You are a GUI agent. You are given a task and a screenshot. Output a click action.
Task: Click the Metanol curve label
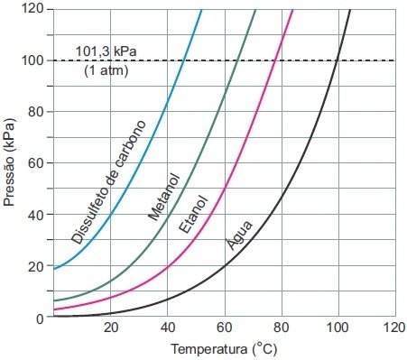[164, 196]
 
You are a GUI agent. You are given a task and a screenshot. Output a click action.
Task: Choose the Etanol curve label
[192, 214]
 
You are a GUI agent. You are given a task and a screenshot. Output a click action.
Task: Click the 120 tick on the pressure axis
[32, 8]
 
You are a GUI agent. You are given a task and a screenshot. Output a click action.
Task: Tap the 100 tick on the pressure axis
[32, 60]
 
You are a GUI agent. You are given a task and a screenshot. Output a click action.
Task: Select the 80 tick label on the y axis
[36, 112]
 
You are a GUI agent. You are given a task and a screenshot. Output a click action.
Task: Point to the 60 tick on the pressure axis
[36, 163]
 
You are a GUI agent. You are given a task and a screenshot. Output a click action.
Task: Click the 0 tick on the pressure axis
[40, 318]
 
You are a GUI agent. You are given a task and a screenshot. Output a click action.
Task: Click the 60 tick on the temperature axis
[224, 329]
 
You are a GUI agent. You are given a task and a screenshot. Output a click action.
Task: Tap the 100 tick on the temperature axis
[337, 329]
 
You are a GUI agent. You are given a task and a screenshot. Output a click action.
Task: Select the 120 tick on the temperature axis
[393, 329]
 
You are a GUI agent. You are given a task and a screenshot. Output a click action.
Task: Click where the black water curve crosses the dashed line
[337, 60]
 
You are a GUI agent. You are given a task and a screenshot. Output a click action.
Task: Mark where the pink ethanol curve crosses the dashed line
[275, 60]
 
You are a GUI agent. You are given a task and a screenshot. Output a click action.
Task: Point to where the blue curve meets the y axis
[54, 269]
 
